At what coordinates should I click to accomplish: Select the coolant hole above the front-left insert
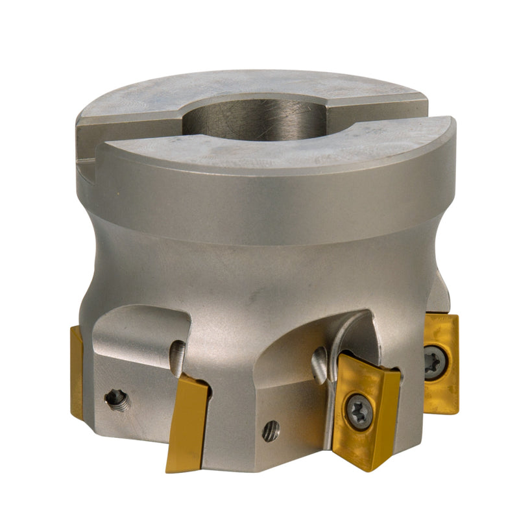pos(177,357)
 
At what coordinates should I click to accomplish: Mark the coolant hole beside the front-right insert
pos(319,364)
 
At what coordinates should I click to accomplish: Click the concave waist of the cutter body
pos(259,272)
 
